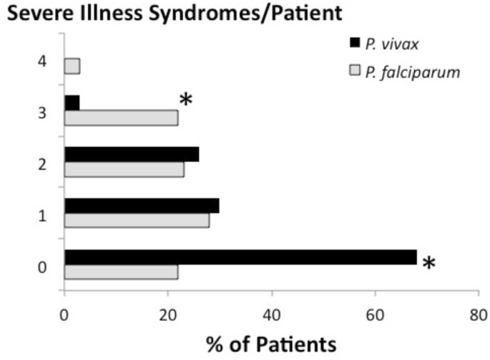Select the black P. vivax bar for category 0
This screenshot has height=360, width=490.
[x=240, y=257]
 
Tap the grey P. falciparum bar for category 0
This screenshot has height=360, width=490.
[x=121, y=273]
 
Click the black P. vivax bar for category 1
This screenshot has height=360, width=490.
[x=142, y=205]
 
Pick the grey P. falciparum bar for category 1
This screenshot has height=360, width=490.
[x=137, y=220]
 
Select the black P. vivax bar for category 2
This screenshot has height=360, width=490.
[x=132, y=154]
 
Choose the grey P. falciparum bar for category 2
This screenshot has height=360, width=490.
[x=124, y=170]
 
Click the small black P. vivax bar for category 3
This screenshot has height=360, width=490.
[x=72, y=102]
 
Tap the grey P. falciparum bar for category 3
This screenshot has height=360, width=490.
[x=121, y=118]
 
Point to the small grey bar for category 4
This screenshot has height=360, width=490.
[x=72, y=67]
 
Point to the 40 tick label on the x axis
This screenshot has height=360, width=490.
[x=271, y=314]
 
